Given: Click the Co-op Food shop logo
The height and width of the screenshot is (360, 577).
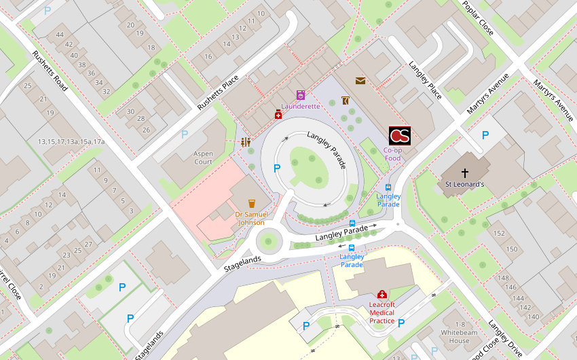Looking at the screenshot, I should tap(399, 136).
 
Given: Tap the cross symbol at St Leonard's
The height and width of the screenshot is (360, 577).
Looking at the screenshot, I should tap(465, 173).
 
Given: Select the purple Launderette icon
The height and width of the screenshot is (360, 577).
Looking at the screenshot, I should tap(301, 95).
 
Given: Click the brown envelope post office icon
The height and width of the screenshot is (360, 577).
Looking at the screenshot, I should tap(360, 81).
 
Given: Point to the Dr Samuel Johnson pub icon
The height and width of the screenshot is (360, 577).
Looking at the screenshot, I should tap(252, 203).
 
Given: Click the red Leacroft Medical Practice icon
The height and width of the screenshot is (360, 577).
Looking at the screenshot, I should tap(382, 294).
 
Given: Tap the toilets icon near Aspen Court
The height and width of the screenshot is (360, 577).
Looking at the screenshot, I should tap(246, 142).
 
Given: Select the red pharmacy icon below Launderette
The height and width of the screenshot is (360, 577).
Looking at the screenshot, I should tap(278, 115).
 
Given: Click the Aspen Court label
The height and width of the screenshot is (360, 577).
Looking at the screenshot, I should tap(203, 158).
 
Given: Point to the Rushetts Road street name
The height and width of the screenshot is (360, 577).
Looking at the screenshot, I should tap(50, 71).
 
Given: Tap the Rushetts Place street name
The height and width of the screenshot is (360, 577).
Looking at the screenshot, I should tap(218, 93).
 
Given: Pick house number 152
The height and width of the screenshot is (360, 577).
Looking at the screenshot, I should tap(500, 234).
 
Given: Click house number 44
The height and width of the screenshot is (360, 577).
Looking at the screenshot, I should tap(60, 35).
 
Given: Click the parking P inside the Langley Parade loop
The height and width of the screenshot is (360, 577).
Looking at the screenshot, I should tap(276, 168).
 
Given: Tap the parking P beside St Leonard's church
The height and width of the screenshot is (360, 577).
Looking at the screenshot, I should tap(485, 135).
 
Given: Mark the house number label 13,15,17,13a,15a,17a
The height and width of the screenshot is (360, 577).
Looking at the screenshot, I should tap(71, 141).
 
